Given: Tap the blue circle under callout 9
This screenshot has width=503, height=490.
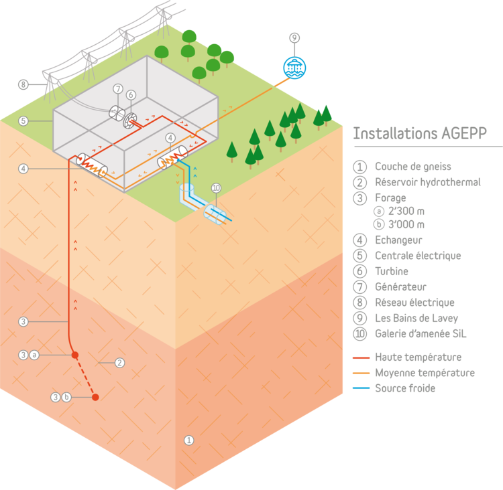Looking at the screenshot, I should click(294, 67).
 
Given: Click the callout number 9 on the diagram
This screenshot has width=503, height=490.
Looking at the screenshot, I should click(294, 37).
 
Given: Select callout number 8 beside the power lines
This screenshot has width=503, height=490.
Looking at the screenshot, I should click(23, 84).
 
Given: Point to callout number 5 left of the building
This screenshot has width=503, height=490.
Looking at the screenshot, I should click(23, 121).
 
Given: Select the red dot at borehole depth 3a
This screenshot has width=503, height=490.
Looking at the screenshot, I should click(75, 355).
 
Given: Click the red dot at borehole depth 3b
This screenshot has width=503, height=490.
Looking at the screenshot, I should click(95, 397).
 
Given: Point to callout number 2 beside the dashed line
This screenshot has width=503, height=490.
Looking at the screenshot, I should click(120, 363).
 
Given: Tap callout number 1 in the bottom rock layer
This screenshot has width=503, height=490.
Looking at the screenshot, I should click(188, 440).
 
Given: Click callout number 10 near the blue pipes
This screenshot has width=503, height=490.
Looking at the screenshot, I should click(216, 188).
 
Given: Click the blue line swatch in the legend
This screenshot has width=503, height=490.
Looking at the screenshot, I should click(361, 388).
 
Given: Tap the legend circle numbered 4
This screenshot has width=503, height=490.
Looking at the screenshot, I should click(361, 239).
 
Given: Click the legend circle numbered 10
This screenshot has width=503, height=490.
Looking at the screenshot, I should click(361, 333).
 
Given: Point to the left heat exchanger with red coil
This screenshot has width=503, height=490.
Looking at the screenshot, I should click(92, 165).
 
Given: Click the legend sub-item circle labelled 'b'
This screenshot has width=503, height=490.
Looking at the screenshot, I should click(380, 224).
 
